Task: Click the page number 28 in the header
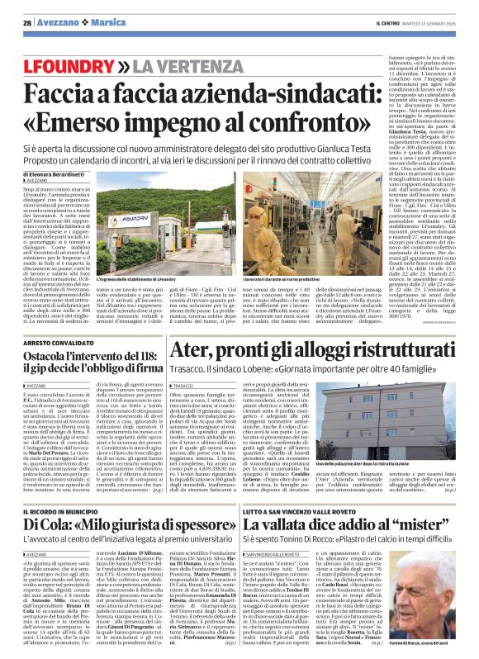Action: point(26,22)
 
